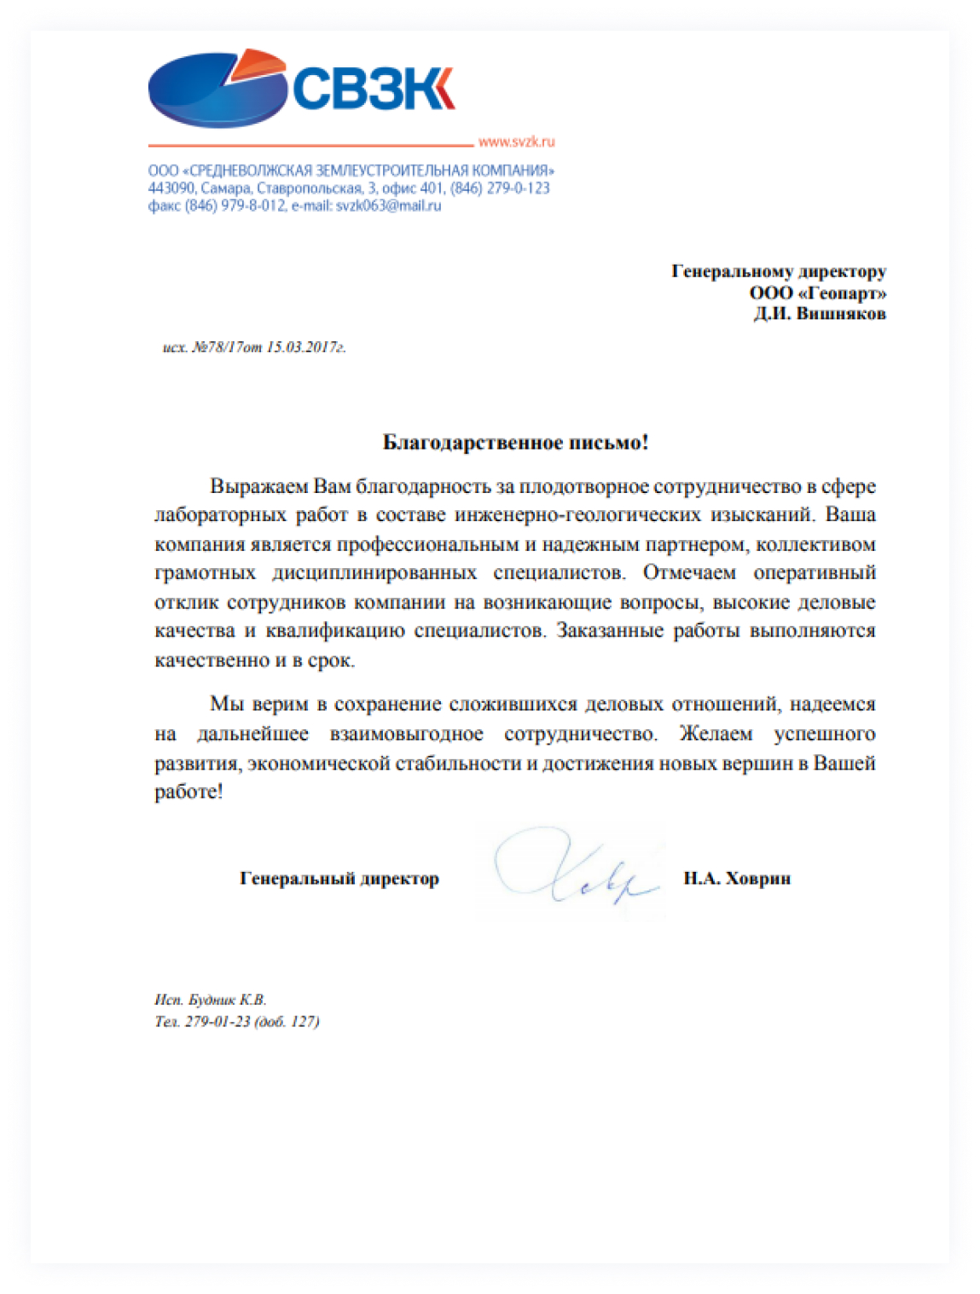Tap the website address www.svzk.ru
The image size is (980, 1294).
[x=516, y=142]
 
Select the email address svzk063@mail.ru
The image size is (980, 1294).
[x=388, y=206]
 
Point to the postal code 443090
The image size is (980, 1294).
[x=171, y=188]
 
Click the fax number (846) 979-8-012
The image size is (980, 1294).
[x=235, y=206]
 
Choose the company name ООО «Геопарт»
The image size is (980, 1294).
[x=817, y=293]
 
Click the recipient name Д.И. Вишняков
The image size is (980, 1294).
[x=819, y=313]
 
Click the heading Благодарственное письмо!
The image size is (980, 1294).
[x=515, y=442]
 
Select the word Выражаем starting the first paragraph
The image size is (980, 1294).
[x=258, y=486]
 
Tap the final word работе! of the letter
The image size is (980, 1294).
[x=188, y=792]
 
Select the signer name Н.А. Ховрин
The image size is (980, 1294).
[x=737, y=878]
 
